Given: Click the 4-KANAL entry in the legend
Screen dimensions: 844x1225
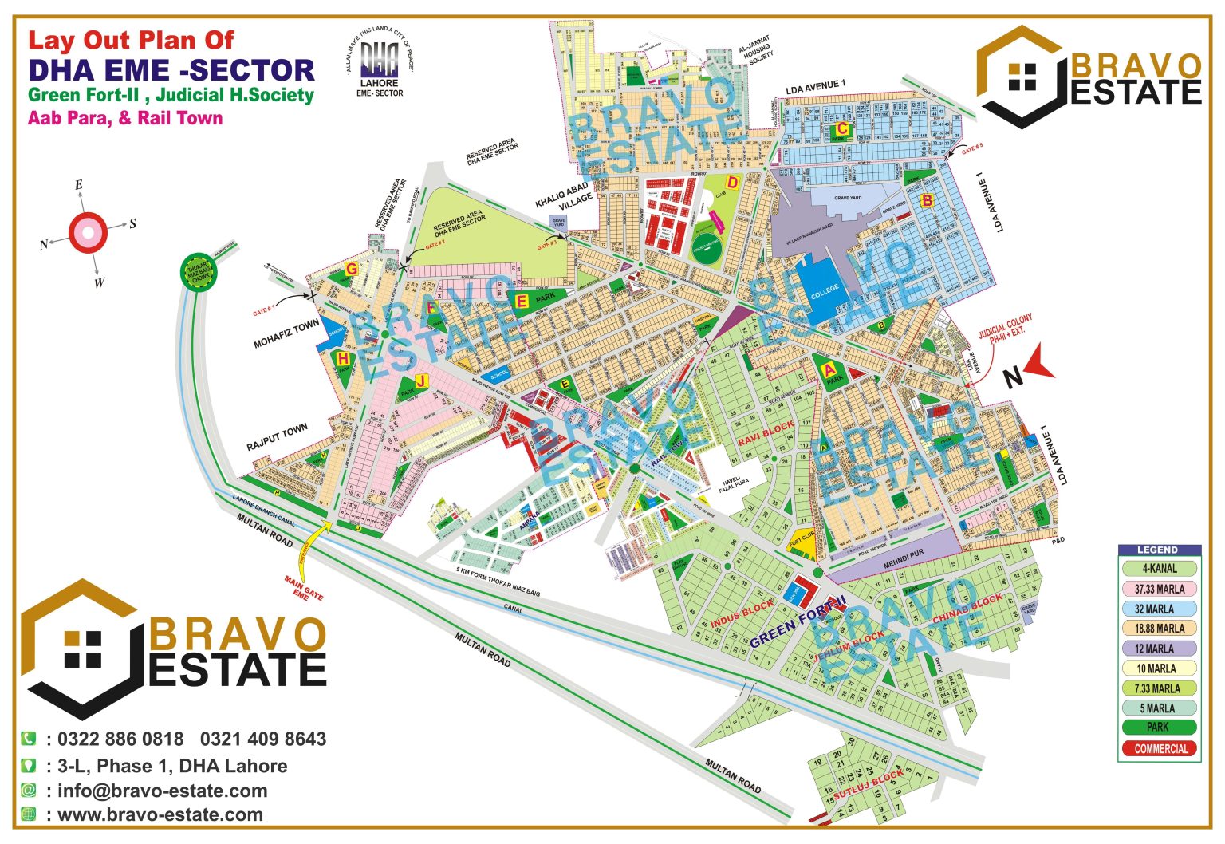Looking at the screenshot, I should coord(1160,569).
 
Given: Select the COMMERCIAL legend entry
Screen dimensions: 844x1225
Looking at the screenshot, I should coord(1160,748).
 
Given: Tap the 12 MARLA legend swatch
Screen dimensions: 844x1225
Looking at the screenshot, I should coord(1160,649).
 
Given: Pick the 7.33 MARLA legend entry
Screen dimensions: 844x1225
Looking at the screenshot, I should coord(1160,688).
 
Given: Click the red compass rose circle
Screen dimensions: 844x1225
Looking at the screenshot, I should coord(88,233).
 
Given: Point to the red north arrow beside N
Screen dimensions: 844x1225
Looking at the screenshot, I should coord(1039,365).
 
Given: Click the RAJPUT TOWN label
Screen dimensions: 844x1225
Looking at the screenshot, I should coord(277,437).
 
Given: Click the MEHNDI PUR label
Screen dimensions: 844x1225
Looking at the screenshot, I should coord(903,558).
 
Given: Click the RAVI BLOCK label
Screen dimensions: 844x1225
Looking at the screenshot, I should coord(766,433).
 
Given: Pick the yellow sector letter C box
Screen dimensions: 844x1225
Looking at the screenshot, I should coord(841,129).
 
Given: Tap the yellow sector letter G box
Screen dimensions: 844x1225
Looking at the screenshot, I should coord(351,269).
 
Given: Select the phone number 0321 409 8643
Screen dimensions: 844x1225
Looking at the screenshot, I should coord(263,739).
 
